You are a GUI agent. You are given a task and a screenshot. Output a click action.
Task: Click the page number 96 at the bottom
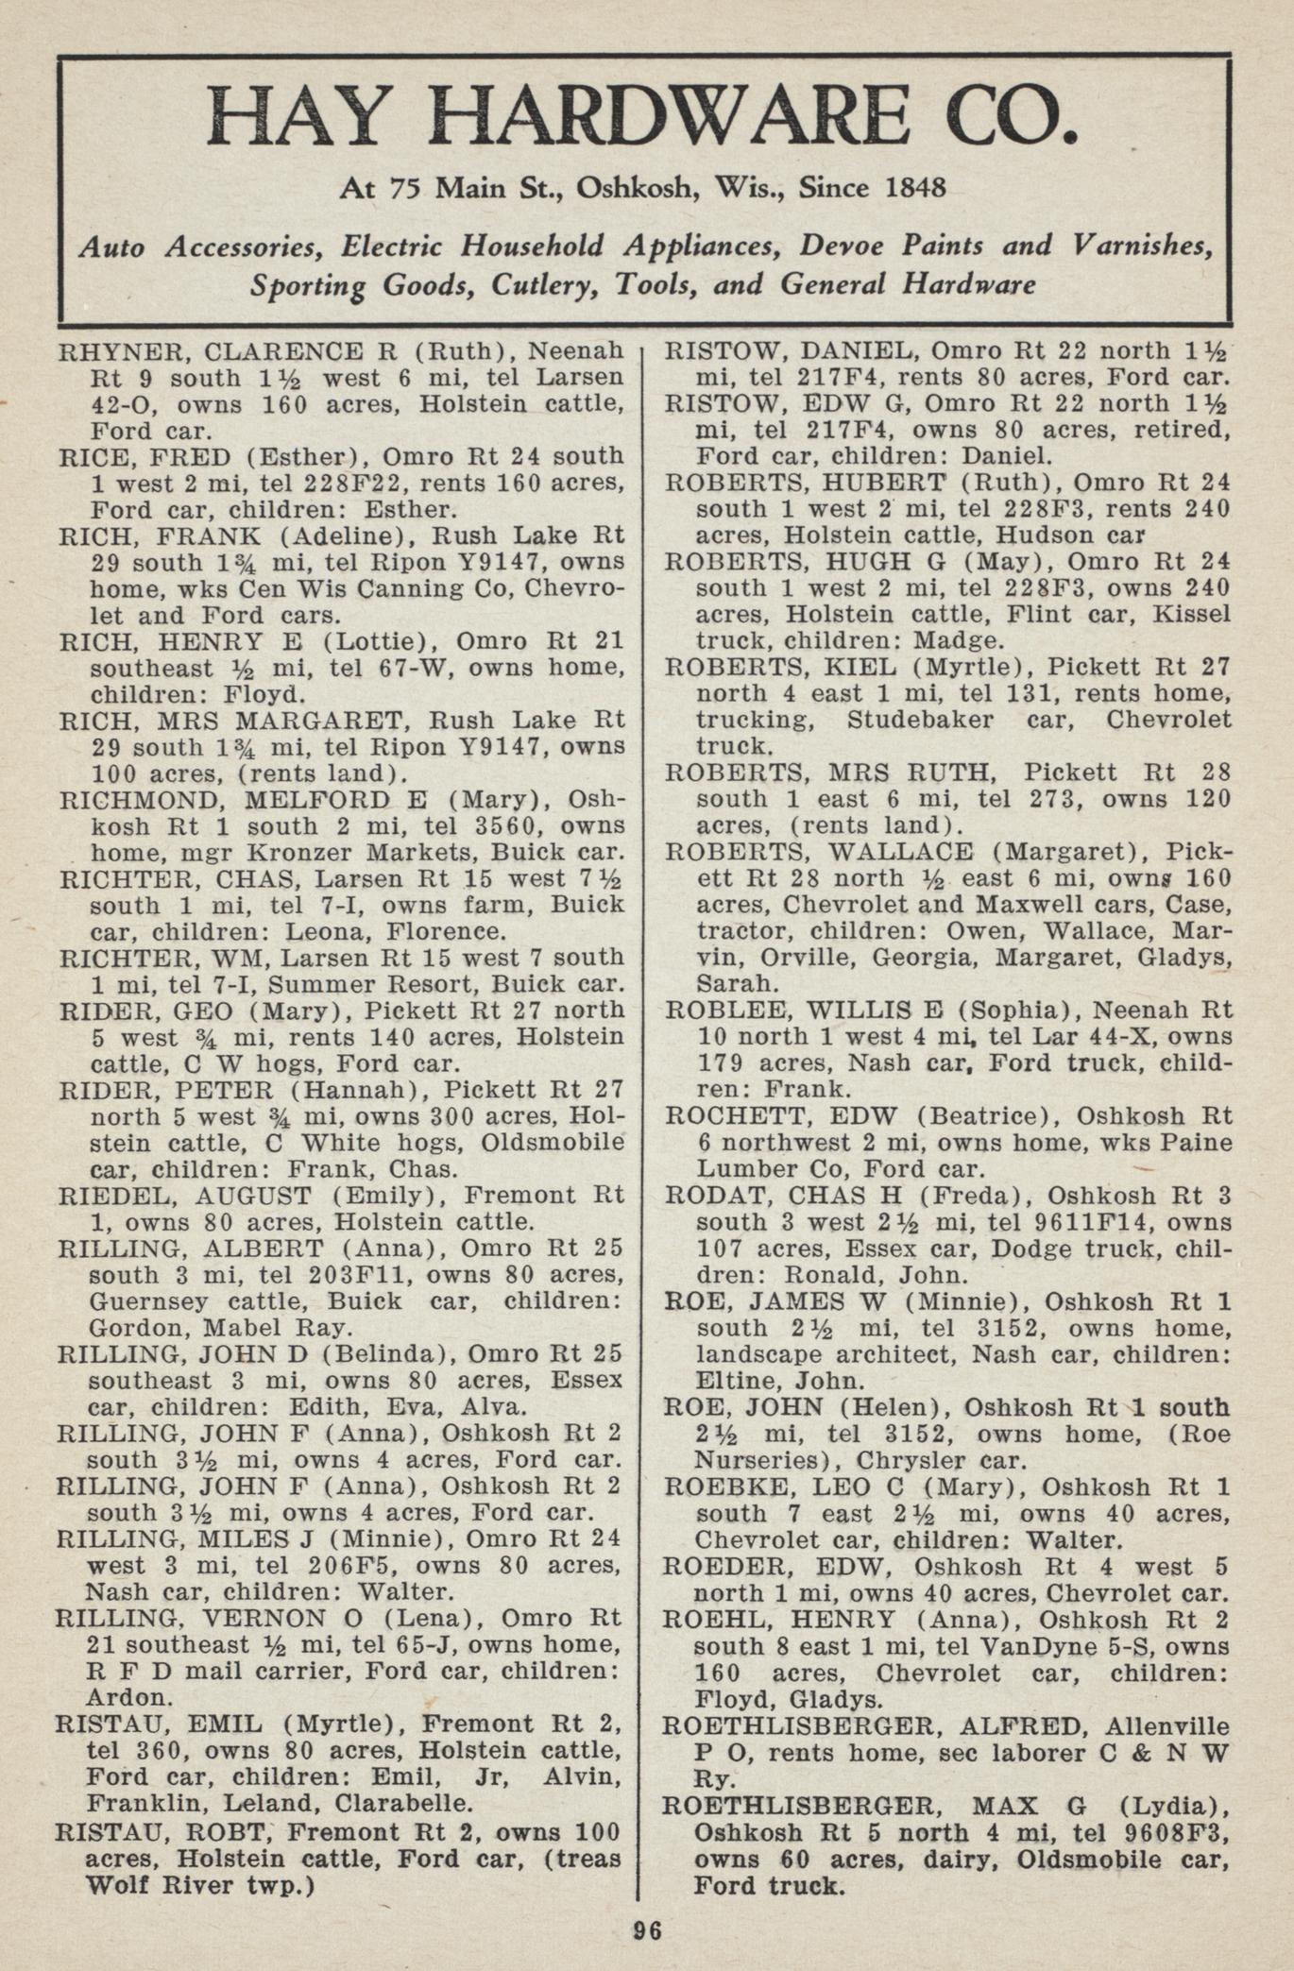[x=647, y=1929]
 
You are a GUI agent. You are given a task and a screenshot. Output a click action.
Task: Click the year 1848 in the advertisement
[x=913, y=187]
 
